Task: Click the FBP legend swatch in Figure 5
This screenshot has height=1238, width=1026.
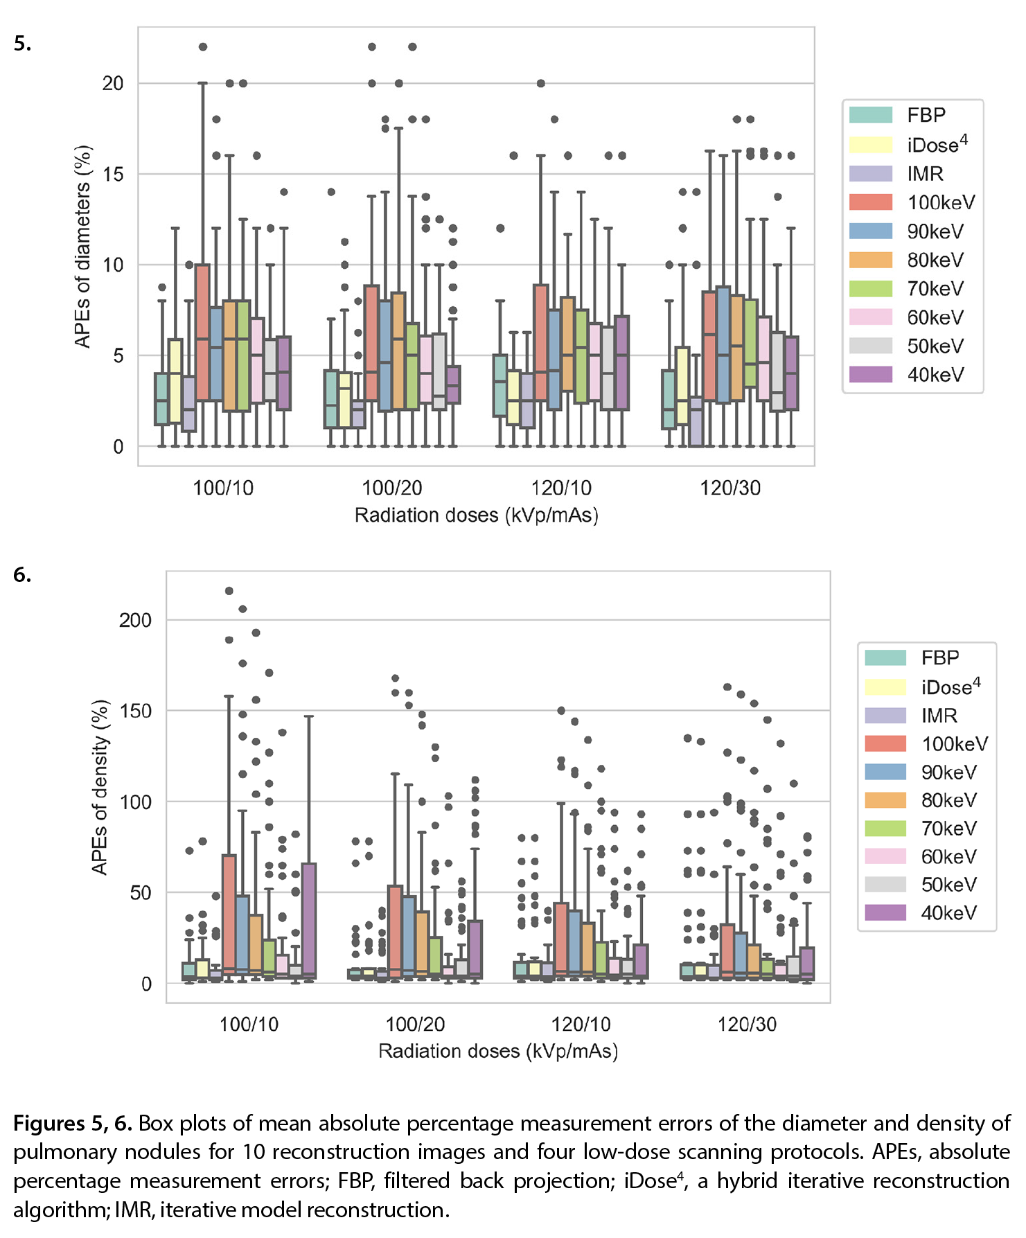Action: (x=871, y=115)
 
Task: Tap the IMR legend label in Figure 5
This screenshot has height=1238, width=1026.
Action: (x=926, y=174)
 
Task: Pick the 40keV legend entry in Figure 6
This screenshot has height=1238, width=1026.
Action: (x=921, y=912)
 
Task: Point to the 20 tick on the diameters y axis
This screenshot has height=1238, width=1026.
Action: (x=113, y=83)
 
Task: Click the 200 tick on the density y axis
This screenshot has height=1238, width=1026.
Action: (x=135, y=620)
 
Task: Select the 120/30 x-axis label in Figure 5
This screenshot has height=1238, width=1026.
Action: (x=730, y=488)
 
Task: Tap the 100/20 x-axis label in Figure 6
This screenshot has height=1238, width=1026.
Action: (x=415, y=1024)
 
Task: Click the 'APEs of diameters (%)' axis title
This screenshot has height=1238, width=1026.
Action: (x=83, y=247)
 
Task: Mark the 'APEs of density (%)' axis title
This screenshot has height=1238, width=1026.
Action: (x=100, y=787)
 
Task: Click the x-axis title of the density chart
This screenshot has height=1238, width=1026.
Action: (x=498, y=1052)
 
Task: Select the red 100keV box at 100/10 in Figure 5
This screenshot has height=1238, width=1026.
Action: (x=202, y=333)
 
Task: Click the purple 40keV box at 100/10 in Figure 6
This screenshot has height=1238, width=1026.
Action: (x=309, y=921)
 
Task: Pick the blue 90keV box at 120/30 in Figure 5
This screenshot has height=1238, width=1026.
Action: (x=723, y=344)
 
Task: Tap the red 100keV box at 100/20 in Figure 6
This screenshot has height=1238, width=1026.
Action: (x=395, y=932)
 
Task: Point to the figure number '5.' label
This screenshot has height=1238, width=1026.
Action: (x=22, y=43)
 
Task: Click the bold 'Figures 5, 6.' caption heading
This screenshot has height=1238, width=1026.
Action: (x=73, y=1123)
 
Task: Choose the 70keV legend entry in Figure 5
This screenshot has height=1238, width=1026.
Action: (x=906, y=289)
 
